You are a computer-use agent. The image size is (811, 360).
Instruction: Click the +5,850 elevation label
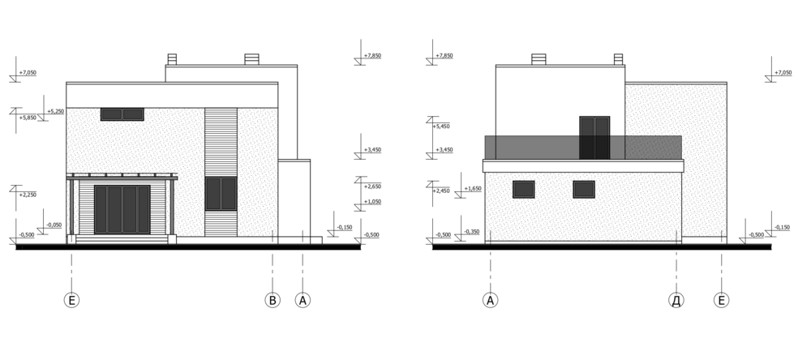[x=28, y=118]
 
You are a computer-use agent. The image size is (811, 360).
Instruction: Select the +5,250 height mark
[x=55, y=111]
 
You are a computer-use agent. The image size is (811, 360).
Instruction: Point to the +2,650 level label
[x=372, y=186]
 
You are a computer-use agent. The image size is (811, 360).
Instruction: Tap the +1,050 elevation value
[x=372, y=202]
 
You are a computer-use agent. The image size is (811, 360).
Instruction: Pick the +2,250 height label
[x=28, y=195]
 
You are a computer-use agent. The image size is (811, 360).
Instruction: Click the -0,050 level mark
[x=54, y=225]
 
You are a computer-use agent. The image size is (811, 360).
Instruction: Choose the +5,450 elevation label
[x=444, y=126]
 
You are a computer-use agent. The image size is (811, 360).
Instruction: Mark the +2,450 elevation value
[x=440, y=191]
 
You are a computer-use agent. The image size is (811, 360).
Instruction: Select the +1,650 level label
[x=472, y=189]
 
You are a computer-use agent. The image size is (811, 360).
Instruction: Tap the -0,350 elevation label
[x=472, y=232]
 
